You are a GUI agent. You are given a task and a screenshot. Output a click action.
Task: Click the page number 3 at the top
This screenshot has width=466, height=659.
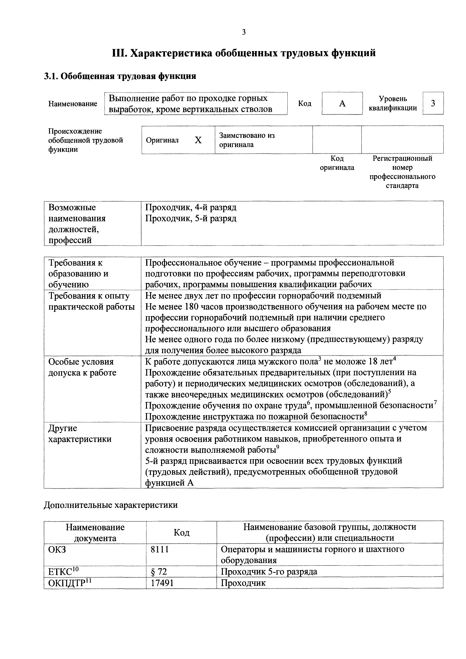pos(244,32)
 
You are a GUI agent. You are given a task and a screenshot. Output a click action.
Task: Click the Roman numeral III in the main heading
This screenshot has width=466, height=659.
pos(119,53)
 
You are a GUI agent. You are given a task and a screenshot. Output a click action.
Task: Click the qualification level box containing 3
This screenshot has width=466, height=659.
pos(433,103)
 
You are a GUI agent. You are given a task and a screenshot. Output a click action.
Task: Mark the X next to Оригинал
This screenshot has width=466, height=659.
pos(198,140)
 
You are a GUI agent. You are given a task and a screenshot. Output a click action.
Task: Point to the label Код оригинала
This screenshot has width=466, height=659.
pos(337,163)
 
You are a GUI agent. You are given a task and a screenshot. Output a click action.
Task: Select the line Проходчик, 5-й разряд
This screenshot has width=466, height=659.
pos(191,218)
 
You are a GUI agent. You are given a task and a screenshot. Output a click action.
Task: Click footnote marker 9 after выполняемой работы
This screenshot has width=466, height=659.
pos(277,447)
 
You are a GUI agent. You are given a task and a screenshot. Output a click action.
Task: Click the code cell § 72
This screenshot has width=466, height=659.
pos(159,572)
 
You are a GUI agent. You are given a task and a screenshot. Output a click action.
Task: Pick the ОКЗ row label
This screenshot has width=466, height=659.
pos(57,550)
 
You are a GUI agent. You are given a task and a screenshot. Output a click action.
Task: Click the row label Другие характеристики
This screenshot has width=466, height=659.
pos(80,433)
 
